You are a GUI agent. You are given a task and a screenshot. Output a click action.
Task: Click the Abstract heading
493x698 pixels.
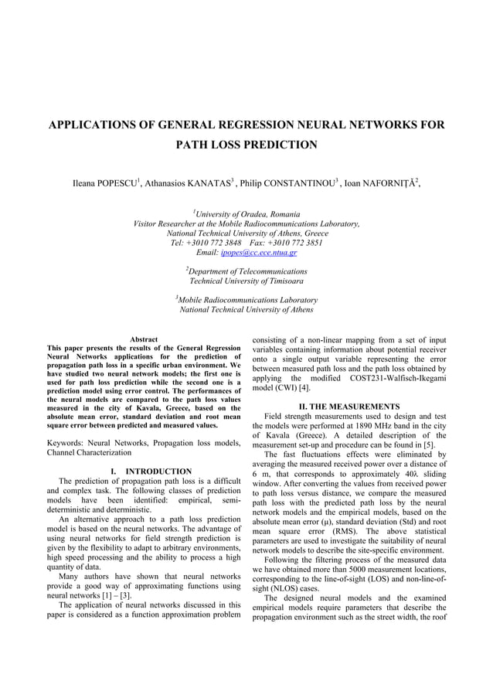point(144,339)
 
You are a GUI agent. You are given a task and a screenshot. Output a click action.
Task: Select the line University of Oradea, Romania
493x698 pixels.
point(247,214)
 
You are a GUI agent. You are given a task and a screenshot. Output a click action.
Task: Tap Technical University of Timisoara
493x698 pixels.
point(246,281)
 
